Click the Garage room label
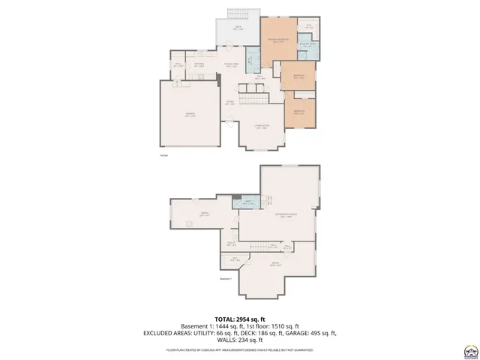click(190, 115)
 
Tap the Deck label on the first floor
click(238, 28)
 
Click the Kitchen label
click(199, 65)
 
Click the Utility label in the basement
click(231, 244)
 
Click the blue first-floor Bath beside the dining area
click(253, 59)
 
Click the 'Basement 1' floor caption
click(226, 278)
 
